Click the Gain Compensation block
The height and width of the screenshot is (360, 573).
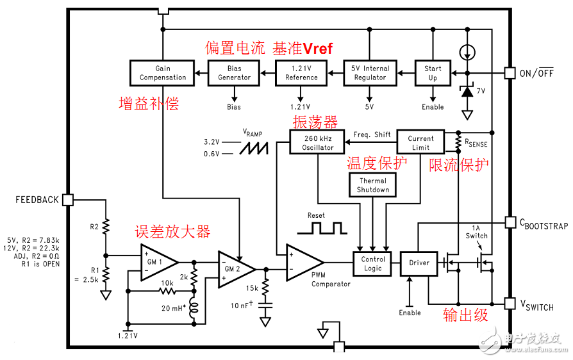[x=163, y=73]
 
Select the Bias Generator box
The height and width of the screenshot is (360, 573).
[x=234, y=73]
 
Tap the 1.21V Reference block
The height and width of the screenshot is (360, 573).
[x=301, y=73]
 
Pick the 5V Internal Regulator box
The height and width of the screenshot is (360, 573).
[x=370, y=73]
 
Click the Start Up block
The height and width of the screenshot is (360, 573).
[x=433, y=73]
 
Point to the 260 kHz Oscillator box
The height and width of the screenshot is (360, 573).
[x=318, y=143]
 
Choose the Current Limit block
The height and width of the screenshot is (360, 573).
[x=420, y=143]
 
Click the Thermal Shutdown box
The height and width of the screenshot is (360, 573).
[x=373, y=185]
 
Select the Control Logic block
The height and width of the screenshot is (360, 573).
[x=372, y=263]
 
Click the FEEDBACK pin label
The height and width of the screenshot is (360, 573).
[x=37, y=200]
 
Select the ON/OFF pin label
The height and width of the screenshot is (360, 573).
[x=536, y=73]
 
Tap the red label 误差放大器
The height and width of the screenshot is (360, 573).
[x=172, y=232]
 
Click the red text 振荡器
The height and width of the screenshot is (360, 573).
[x=315, y=122]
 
